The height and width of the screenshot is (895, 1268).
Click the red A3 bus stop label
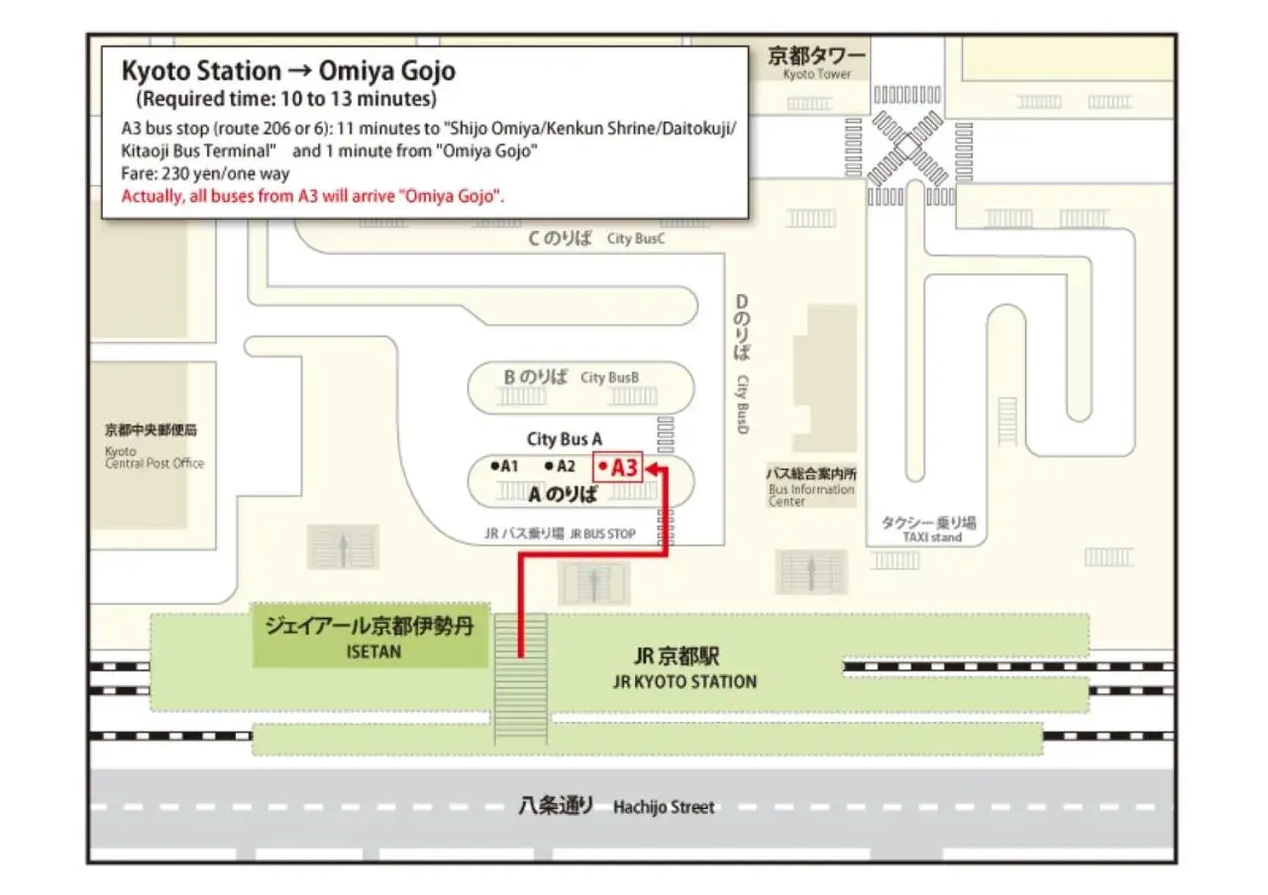pos(619,467)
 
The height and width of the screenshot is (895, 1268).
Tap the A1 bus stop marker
pos(504,465)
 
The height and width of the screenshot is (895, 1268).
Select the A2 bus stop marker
pos(560,465)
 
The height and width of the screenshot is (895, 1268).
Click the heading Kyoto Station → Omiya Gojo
pos(288,71)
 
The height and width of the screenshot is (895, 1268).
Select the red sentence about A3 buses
pos(313,195)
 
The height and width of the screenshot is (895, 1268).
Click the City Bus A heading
pos(564,439)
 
